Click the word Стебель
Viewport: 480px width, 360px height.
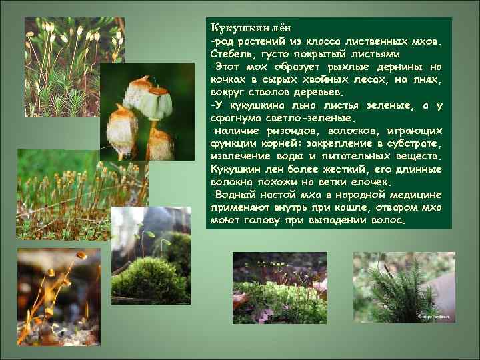(x=231, y=54)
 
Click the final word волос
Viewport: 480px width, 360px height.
(x=389, y=219)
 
